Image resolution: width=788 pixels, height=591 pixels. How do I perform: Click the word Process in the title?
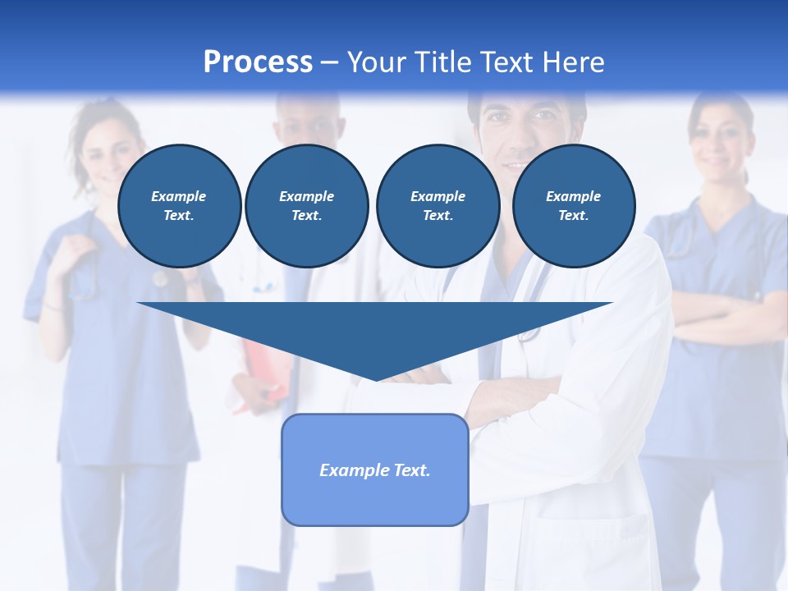tap(258, 62)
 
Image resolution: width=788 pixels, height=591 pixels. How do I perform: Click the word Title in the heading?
tap(442, 62)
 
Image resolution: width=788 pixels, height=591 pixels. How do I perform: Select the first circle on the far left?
tap(179, 206)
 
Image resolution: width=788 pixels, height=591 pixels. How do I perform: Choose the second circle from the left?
tap(306, 206)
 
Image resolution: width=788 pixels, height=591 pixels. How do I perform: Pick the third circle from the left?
tap(438, 206)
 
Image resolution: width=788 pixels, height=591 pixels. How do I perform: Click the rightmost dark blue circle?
tap(573, 206)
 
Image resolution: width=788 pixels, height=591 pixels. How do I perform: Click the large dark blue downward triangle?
tap(375, 328)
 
